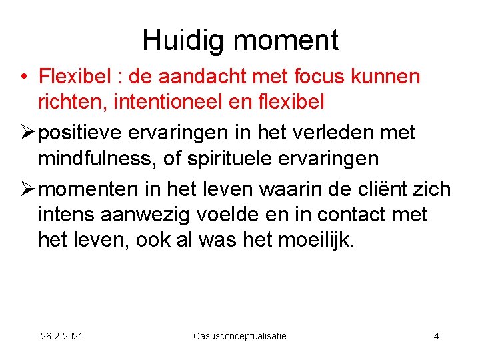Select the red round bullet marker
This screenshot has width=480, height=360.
(x=23, y=77)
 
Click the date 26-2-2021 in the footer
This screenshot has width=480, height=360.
(x=62, y=336)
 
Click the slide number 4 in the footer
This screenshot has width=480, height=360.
(x=436, y=336)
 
